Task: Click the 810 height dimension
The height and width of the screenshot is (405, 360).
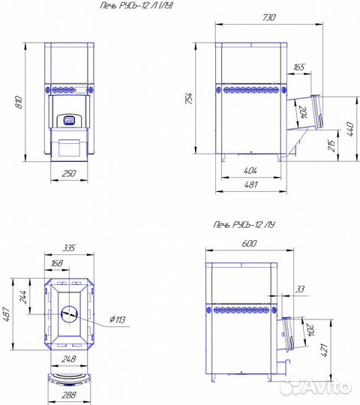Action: (x=19, y=102)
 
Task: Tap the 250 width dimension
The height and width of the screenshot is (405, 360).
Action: (x=69, y=173)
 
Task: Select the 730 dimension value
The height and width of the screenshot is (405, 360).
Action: (x=269, y=17)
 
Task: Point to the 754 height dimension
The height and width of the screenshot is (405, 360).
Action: (x=189, y=98)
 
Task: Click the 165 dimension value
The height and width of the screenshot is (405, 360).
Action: (x=298, y=67)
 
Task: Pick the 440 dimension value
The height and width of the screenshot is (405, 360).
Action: (x=350, y=129)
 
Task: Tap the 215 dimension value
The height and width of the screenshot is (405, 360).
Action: (x=331, y=145)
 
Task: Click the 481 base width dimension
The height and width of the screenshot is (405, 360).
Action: (x=250, y=184)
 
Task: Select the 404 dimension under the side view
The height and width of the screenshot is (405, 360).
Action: (x=250, y=170)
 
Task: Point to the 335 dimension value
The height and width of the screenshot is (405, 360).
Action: (x=69, y=247)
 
